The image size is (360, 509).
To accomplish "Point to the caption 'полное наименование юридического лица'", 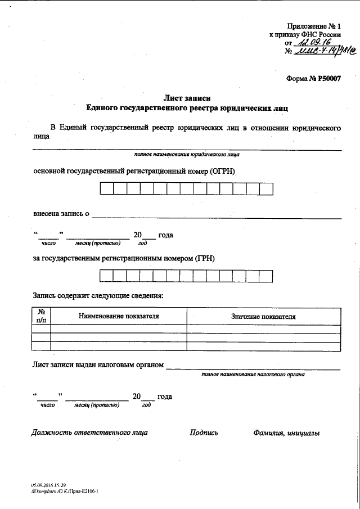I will tap(187, 154).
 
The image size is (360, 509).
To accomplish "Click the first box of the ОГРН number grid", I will tap(107, 188).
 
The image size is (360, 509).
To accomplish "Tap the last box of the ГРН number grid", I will tap(266, 276).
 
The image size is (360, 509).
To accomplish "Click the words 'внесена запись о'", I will tap(61, 214).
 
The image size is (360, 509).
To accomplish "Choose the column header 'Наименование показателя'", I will tap(119, 316).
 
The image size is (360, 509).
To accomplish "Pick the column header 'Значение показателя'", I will tap(263, 317).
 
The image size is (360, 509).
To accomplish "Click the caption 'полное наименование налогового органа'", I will tap(253, 373).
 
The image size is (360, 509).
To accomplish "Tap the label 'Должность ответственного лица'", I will tap(89, 433).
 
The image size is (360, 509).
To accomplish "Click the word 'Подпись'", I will tap(204, 433).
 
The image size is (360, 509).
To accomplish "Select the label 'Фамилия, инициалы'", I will tap(286, 433).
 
